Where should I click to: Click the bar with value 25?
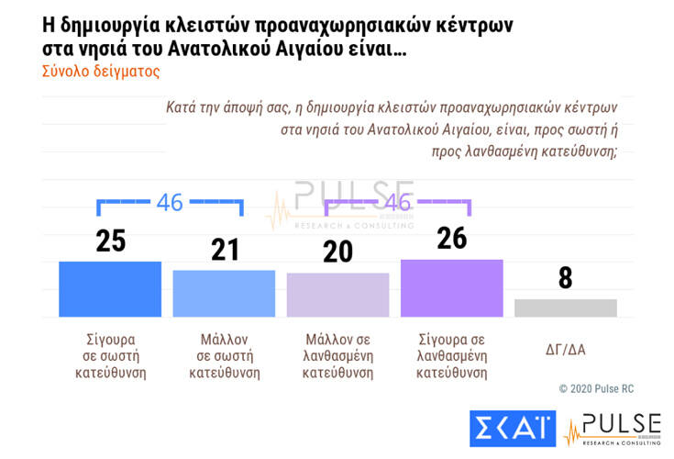[x=110, y=289]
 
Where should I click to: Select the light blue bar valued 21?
[x=224, y=294]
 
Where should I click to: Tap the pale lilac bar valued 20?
[x=337, y=295]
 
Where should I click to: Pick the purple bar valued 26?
[x=451, y=288]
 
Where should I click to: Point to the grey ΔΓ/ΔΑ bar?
[x=565, y=308]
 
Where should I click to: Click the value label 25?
[x=110, y=241]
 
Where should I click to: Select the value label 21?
[x=224, y=250]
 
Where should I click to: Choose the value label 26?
[x=451, y=239]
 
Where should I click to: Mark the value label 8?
[x=565, y=279]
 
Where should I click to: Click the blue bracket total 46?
[x=170, y=203]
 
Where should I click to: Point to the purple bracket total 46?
[x=397, y=203]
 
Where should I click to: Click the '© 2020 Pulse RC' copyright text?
[x=596, y=389]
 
